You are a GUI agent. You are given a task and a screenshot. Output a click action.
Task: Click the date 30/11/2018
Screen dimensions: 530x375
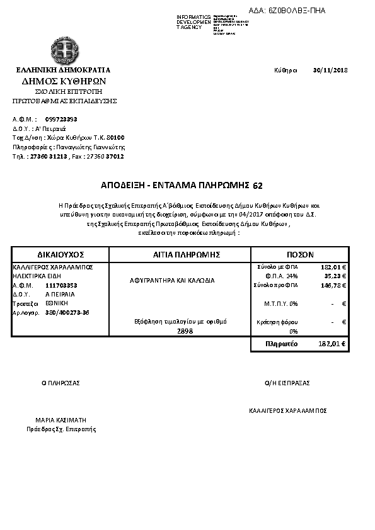point(330,70)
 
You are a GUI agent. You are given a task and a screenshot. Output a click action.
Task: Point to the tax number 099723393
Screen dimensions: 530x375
point(61,118)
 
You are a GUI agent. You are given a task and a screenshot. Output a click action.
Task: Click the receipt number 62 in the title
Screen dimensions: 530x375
point(257,186)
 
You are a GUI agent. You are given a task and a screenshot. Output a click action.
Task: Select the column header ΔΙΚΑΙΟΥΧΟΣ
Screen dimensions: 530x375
point(61,255)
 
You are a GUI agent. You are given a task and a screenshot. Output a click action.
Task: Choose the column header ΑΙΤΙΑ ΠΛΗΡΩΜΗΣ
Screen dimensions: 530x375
point(180,255)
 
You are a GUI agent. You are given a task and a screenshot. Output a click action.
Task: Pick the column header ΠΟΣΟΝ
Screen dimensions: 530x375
point(300,255)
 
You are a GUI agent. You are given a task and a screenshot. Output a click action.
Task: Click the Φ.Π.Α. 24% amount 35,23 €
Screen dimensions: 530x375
point(335,276)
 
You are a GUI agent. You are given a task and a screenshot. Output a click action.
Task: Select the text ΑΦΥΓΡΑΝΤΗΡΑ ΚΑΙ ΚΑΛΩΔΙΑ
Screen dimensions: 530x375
point(168,280)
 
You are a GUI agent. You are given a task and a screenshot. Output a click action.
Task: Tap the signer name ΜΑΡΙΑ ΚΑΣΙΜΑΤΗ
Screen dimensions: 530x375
point(61,419)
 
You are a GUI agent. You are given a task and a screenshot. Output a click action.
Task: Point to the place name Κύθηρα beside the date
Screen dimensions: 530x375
point(286,70)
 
